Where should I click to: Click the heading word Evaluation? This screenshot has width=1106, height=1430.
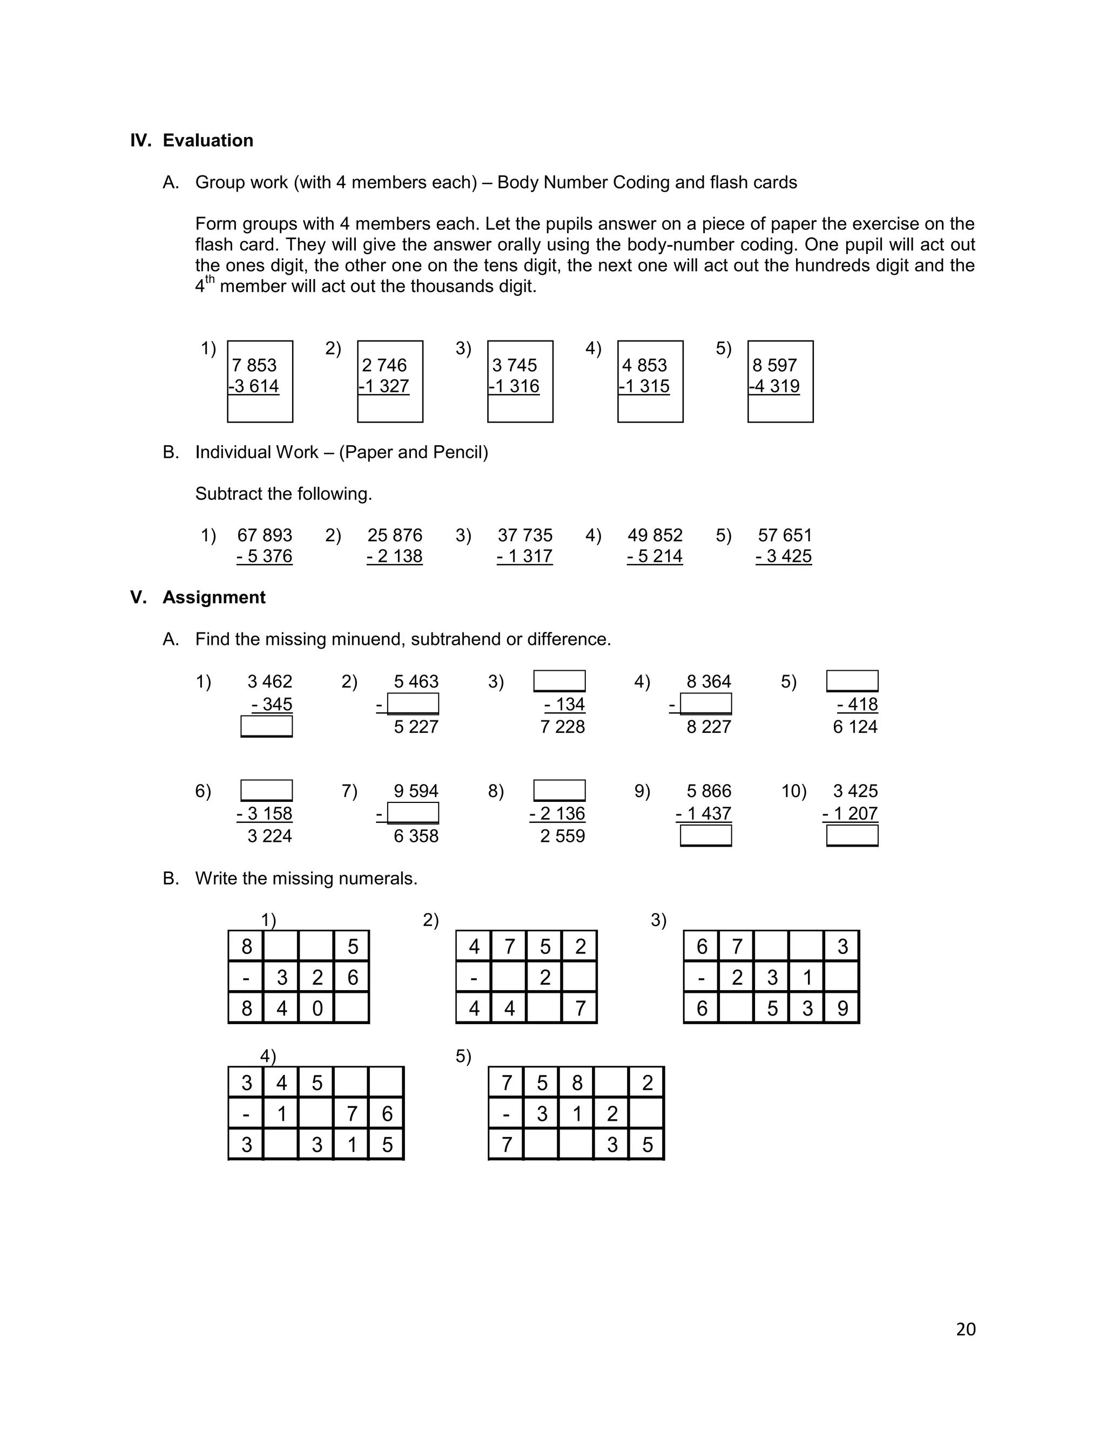click(208, 140)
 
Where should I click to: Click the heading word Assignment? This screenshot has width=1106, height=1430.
click(214, 597)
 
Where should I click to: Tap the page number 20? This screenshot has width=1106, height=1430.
click(966, 1329)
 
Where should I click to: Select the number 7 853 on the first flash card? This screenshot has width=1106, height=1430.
click(254, 365)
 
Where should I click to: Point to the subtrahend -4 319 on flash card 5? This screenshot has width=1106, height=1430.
click(775, 386)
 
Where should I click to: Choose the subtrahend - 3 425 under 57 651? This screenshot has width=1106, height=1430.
click(784, 556)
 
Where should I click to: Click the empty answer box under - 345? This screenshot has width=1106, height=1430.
click(267, 726)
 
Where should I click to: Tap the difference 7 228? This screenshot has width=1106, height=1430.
click(562, 726)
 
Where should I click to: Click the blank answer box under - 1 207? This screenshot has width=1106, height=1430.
click(852, 835)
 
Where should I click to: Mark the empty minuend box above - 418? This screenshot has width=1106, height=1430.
click(852, 681)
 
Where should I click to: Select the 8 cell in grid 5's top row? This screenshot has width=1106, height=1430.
click(577, 1082)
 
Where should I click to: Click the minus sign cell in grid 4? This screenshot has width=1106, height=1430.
click(246, 1113)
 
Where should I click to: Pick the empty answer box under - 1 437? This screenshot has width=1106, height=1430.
click(706, 835)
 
